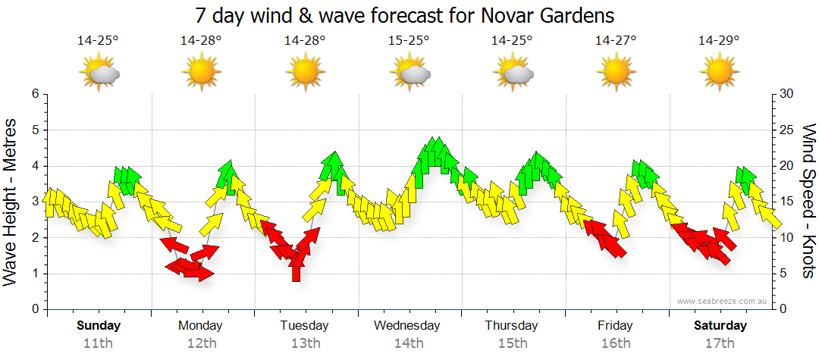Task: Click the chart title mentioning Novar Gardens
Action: pyautogui.click(x=404, y=15)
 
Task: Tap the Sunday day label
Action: pyautogui.click(x=98, y=326)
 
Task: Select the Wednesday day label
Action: pyautogui.click(x=407, y=326)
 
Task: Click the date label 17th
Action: pyautogui.click(x=719, y=343)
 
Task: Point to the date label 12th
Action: pyautogui.click(x=201, y=343)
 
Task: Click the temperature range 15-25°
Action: pyautogui.click(x=409, y=41)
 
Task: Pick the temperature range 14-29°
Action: pyautogui.click(x=719, y=41)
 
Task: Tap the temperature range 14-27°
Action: pyautogui.click(x=615, y=41)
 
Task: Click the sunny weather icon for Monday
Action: pyautogui.click(x=201, y=73)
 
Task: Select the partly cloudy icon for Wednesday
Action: pyautogui.click(x=409, y=73)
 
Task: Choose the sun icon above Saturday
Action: pyautogui.click(x=719, y=73)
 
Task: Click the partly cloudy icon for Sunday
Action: pyautogui.click(x=99, y=73)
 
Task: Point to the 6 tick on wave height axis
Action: pyautogui.click(x=34, y=94)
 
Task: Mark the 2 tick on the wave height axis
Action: pyautogui.click(x=34, y=238)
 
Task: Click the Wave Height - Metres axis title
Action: pyautogui.click(x=12, y=202)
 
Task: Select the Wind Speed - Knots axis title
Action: pyautogui.click(x=807, y=202)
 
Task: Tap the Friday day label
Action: pyautogui.click(x=615, y=326)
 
